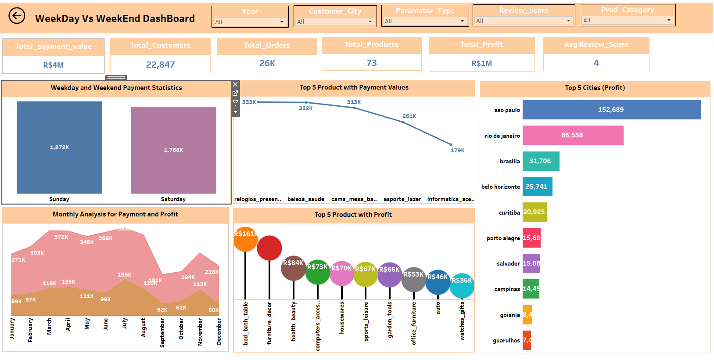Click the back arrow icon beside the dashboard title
point(17,16)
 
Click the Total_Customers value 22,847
point(160,65)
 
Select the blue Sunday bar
point(59,148)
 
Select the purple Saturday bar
point(173,150)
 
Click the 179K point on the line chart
point(451,144)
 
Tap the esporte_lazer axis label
point(402,199)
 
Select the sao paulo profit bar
point(611,110)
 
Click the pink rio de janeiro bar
point(572,135)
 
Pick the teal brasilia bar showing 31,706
point(541,161)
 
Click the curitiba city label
point(509,212)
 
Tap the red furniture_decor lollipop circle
point(269,248)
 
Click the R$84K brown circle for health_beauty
point(293,268)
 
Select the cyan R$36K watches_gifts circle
point(462,285)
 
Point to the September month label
point(162,333)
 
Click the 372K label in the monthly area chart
point(61,237)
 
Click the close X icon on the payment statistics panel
point(235,84)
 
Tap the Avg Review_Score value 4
point(596,63)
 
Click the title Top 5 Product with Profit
point(353,215)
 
